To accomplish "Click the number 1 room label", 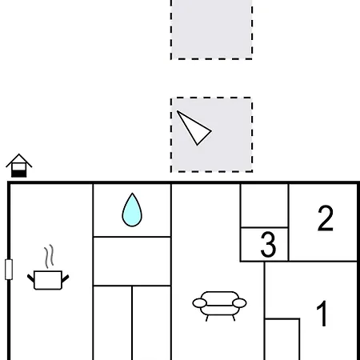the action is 322,313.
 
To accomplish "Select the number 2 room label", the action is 326,218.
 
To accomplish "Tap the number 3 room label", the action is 268,244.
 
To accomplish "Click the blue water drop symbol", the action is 132,210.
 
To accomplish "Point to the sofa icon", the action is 219,306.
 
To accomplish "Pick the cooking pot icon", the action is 48,280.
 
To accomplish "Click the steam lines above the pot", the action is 49,256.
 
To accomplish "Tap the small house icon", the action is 19,166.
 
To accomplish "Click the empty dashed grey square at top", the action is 211,30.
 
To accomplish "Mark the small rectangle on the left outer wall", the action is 9,270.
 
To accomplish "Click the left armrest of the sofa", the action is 199,303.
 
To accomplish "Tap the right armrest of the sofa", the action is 239,303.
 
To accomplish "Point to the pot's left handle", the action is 30,278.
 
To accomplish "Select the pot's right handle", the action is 66,278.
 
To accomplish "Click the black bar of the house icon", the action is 19,174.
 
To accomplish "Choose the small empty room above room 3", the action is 264,206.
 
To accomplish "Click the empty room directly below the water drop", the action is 132,261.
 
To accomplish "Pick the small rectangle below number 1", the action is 282,339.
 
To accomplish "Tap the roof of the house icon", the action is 19,160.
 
